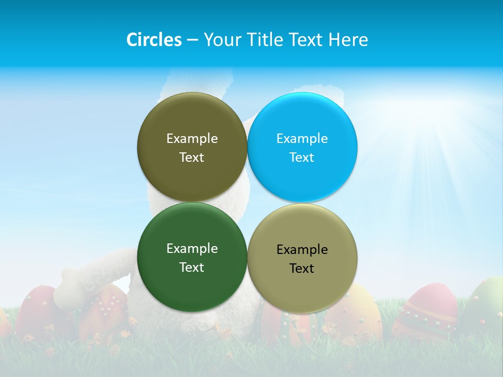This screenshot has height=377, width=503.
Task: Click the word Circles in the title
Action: click(154, 40)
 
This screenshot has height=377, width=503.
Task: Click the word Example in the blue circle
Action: click(302, 138)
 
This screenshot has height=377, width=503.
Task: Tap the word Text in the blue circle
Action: click(302, 157)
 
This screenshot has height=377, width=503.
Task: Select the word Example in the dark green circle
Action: click(192, 248)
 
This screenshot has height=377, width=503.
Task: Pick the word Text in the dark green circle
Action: click(192, 267)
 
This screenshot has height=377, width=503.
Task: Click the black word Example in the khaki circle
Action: click(302, 249)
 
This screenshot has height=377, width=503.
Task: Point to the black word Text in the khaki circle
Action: click(302, 268)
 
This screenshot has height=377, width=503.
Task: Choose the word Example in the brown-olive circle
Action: click(192, 138)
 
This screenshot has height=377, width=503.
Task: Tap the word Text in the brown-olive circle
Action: click(192, 157)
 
